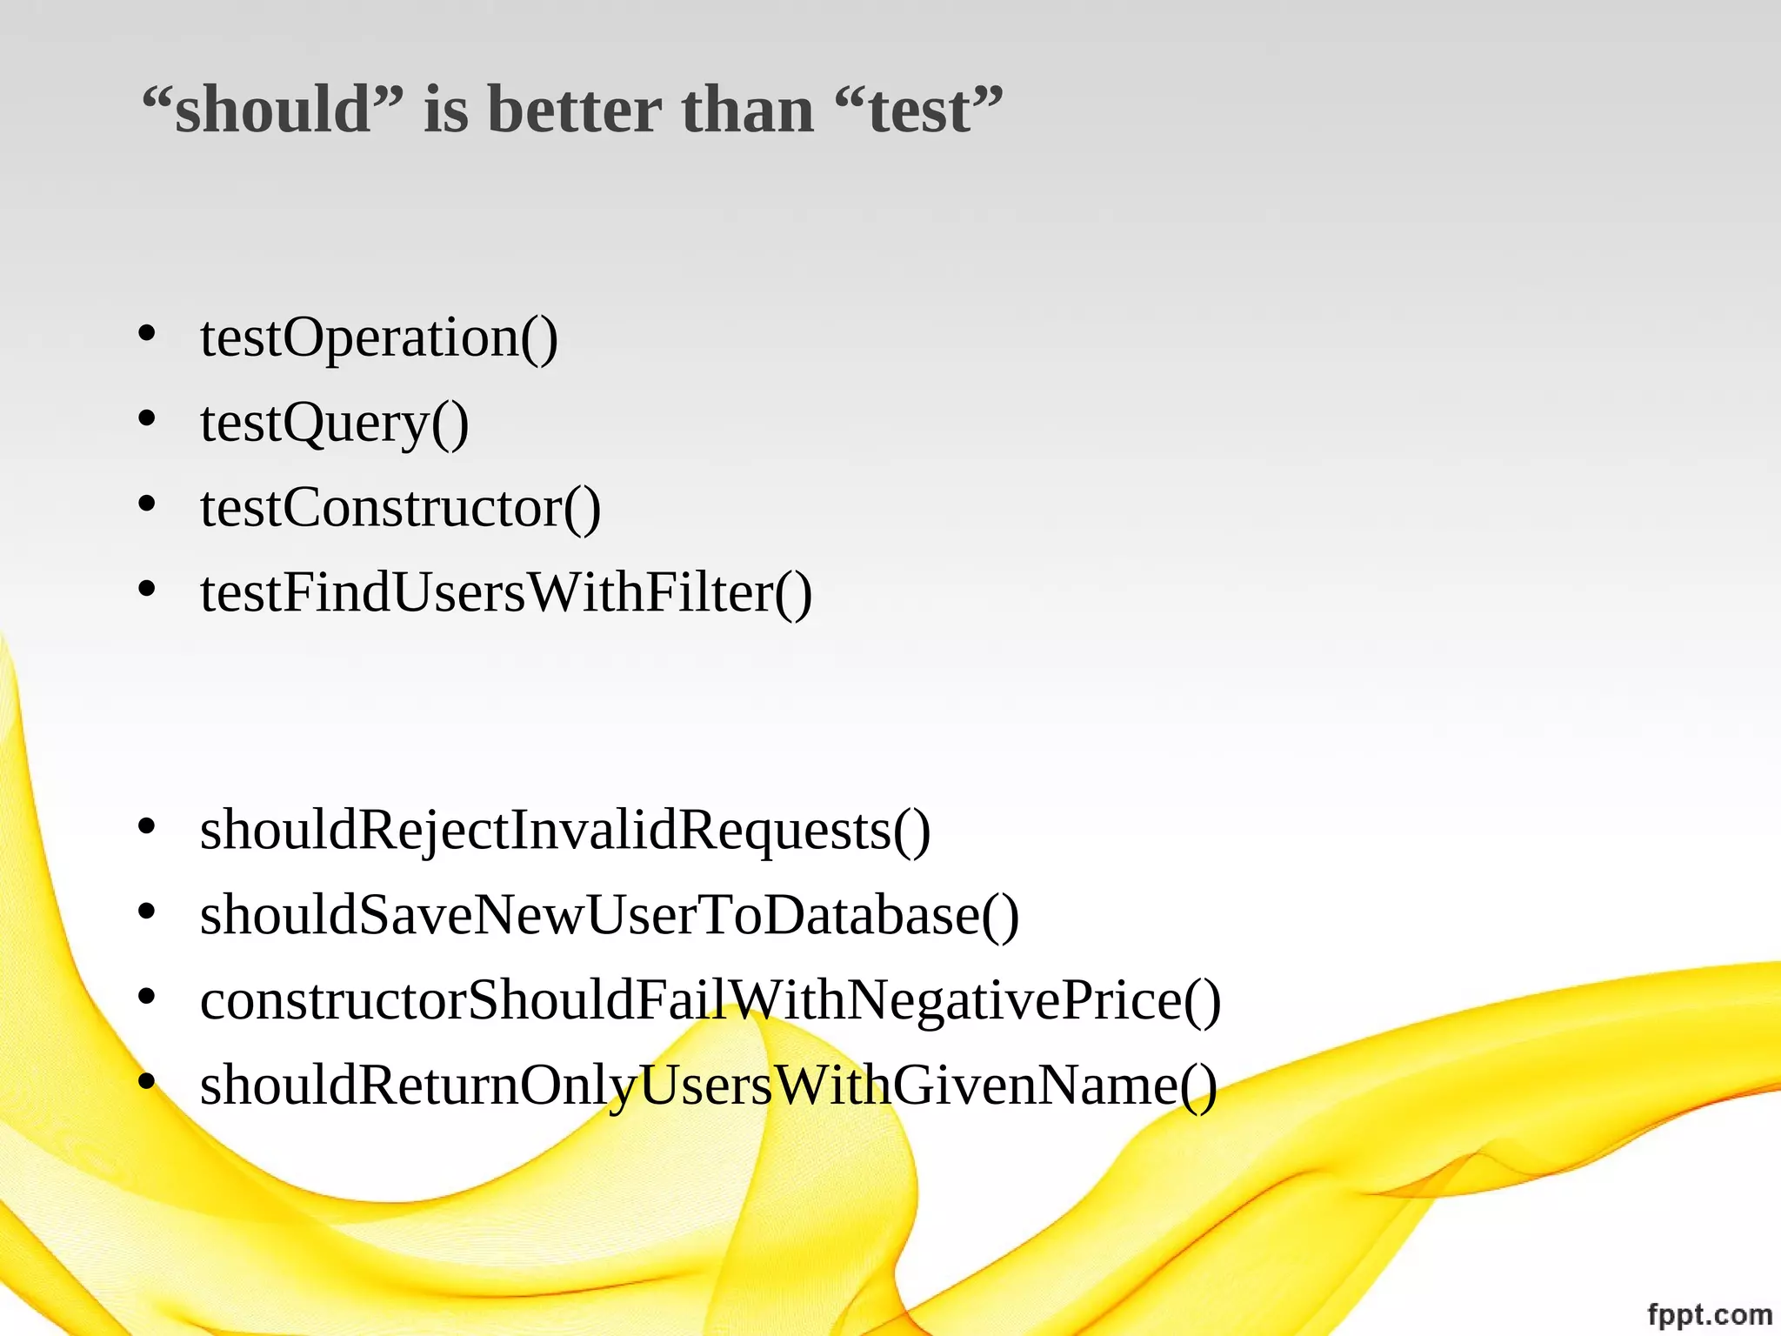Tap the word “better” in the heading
574,110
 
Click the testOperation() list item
379,337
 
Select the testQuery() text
335,424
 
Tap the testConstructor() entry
400,508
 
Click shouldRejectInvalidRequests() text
565,830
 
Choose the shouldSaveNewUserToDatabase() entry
609,915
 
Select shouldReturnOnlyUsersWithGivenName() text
709,1085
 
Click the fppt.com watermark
1709,1313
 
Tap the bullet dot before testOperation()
146,333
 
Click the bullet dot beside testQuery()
146,418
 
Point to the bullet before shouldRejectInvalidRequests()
146,825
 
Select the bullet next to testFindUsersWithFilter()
146,589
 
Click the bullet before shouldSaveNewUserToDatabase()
146,911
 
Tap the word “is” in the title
445,110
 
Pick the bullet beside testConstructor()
146,504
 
